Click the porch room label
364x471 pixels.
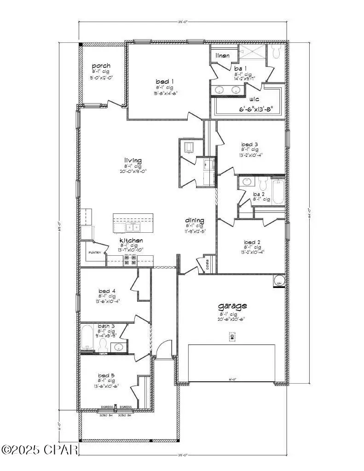[x=101, y=66]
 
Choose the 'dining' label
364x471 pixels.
[x=195, y=220]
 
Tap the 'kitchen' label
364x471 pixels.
[x=131, y=241]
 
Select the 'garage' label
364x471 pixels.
[x=232, y=305]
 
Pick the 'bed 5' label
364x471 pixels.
[x=107, y=375]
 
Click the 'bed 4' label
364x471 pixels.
[x=107, y=291]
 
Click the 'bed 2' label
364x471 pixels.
[x=252, y=242]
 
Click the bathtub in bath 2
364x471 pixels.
[x=278, y=192]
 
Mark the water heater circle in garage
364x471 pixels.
[x=278, y=281]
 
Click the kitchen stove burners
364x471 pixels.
[x=130, y=261]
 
